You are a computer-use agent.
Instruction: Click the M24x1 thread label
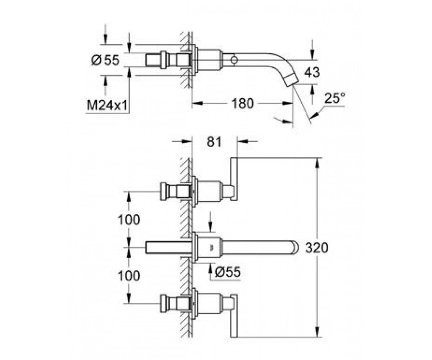click(x=107, y=105)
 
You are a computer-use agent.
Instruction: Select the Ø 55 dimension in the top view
click(x=105, y=60)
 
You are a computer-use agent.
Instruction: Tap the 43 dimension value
click(x=312, y=72)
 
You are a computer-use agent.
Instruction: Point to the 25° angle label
click(x=334, y=98)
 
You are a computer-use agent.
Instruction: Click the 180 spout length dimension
click(x=242, y=103)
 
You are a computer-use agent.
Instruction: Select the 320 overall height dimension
click(x=316, y=248)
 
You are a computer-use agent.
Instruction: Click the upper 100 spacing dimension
click(x=129, y=220)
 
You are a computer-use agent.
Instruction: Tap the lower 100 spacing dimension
click(x=129, y=276)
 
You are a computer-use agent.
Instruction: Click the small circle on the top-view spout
click(x=234, y=60)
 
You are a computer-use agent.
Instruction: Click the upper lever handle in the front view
click(x=234, y=179)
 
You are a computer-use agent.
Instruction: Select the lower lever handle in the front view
click(x=234, y=316)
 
